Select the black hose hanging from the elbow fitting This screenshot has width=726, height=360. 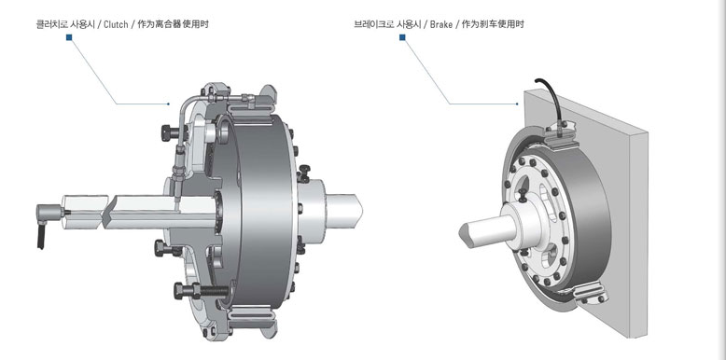click(x=40, y=238)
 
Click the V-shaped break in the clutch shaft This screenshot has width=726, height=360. click(x=108, y=214)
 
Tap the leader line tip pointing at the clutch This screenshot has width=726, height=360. click(x=169, y=104)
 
